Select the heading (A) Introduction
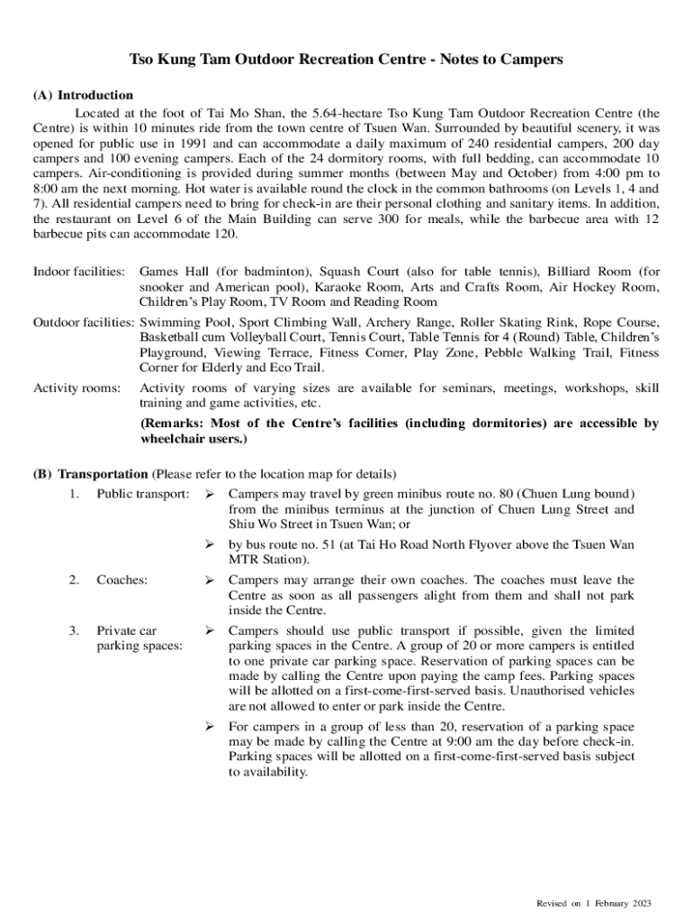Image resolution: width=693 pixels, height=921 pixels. pos(84,95)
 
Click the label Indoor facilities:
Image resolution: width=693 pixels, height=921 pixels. pos(78,271)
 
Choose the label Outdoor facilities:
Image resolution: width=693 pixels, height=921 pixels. pos(83,322)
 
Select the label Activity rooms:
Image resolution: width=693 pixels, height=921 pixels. pos(76,388)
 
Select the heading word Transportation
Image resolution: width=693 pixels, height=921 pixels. pos(103,474)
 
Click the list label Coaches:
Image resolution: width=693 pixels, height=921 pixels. pos(121,580)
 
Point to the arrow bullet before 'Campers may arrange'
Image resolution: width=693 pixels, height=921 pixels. pos(210,580)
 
